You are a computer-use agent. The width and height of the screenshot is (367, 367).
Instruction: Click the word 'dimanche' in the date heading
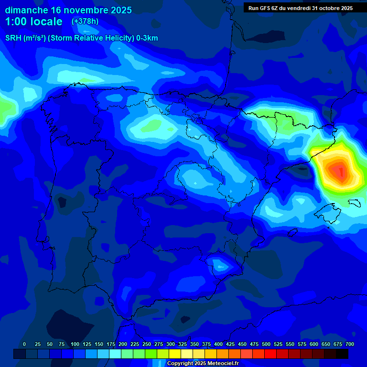26,10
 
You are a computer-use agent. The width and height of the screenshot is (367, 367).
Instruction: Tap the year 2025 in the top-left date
117,10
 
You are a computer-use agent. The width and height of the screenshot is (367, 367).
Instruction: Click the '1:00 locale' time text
34,22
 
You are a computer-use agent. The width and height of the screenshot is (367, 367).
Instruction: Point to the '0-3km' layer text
148,38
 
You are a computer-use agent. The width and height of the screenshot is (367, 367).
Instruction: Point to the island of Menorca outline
355,202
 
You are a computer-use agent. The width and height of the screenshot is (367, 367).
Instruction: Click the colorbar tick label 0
24,344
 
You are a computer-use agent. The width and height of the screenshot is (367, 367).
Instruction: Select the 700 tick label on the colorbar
349,344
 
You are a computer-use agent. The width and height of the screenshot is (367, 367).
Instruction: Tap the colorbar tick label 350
194,344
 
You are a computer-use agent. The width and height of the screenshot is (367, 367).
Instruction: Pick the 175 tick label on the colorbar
111,344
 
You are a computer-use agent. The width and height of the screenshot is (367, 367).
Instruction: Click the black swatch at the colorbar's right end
342,354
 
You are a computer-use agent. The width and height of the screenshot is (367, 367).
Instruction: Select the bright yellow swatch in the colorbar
175,354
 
